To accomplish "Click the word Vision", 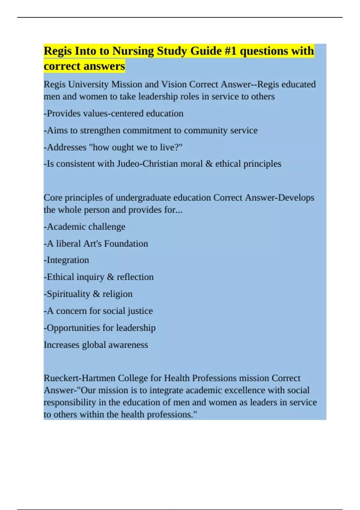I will (174, 84).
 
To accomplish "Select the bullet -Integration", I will (67, 260).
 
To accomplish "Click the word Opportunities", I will (73, 328).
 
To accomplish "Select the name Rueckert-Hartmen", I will (79, 378).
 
